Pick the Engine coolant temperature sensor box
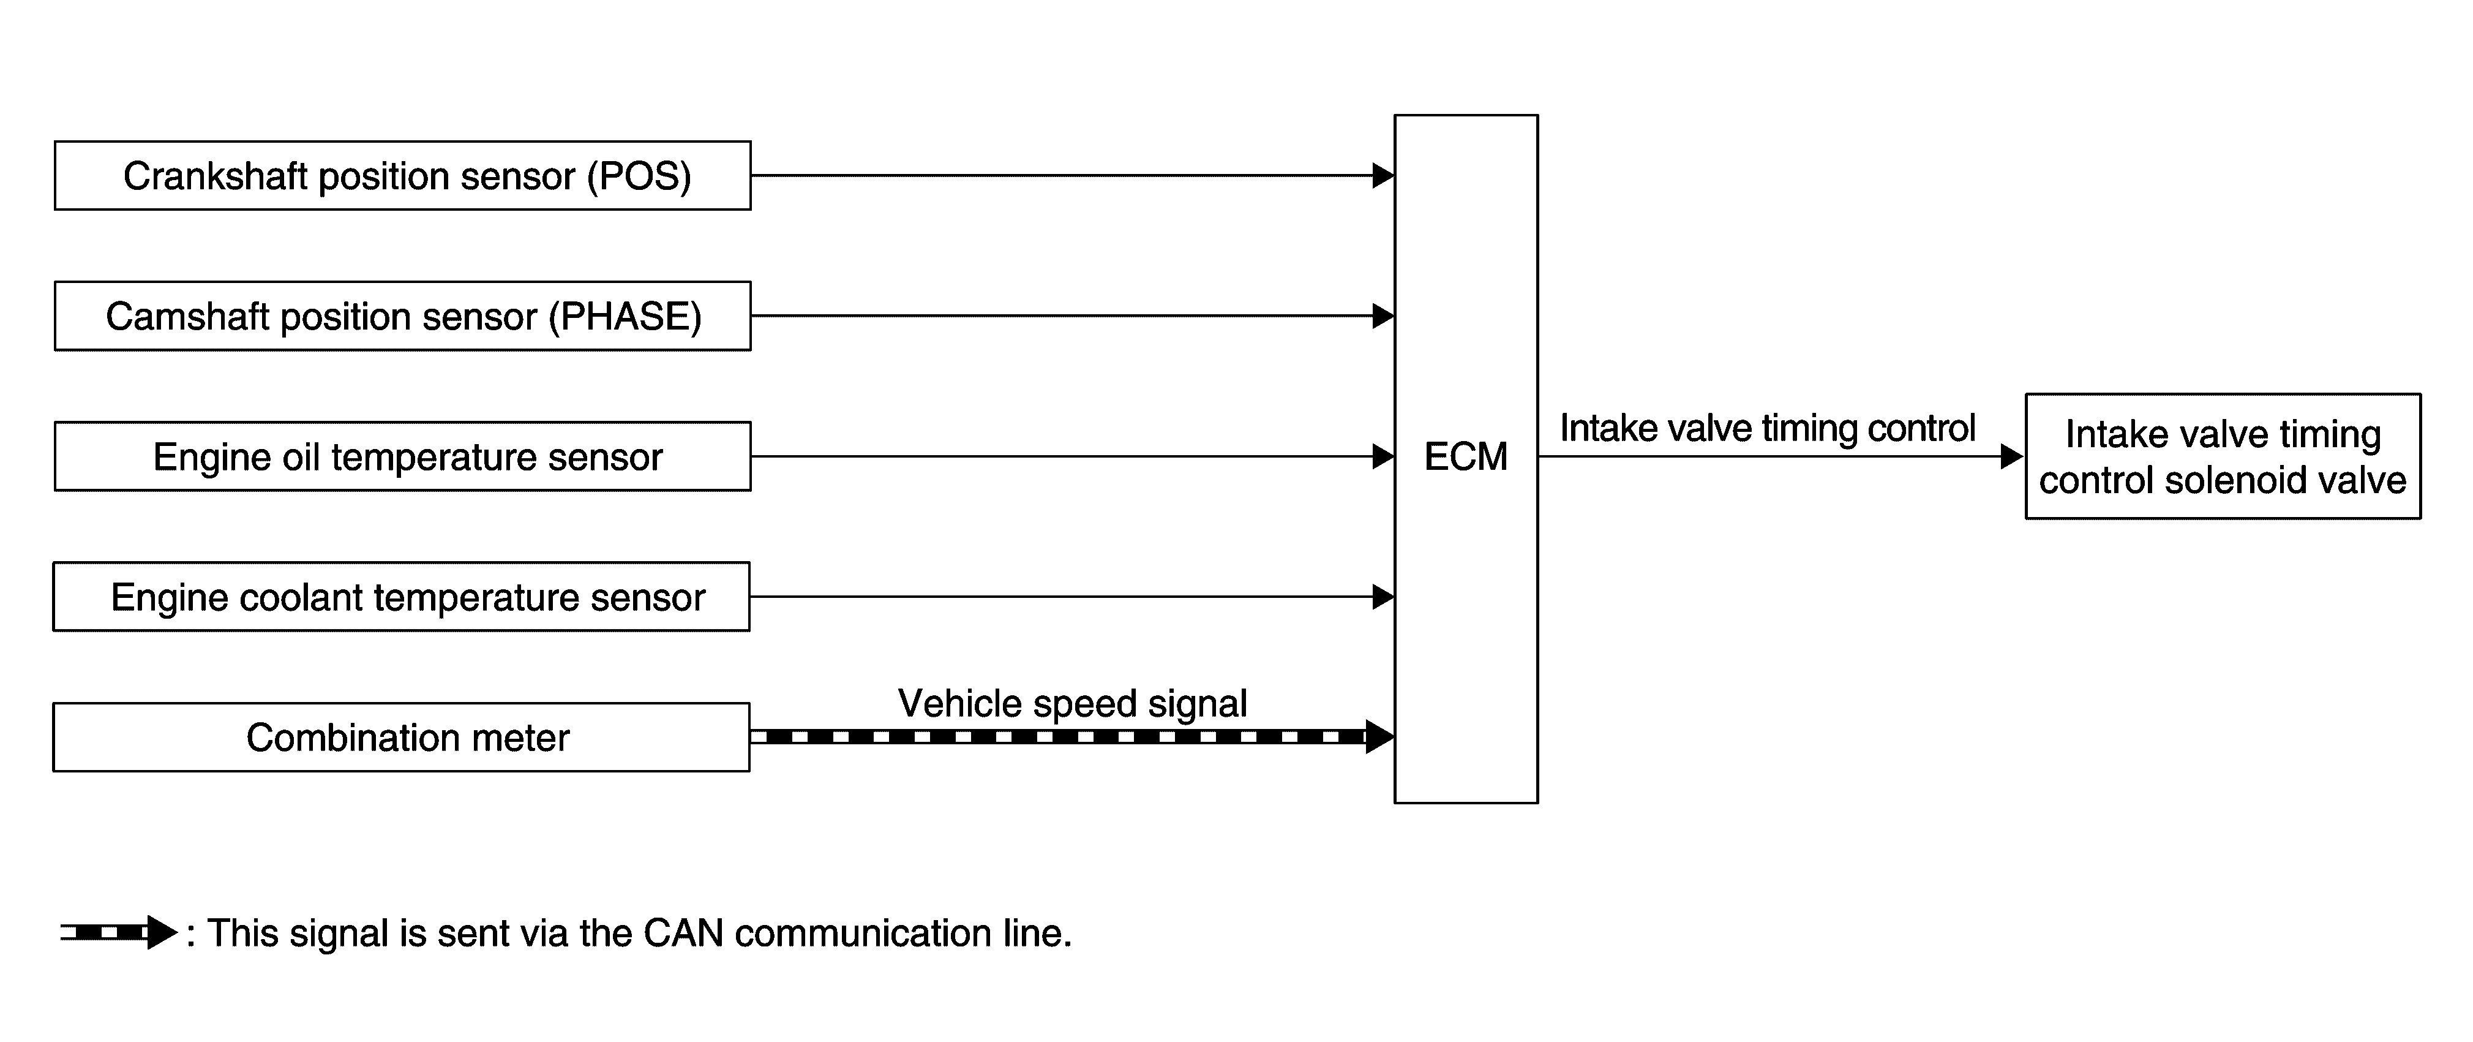(x=401, y=597)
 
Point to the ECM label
(x=1465, y=457)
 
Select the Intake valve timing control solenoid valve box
(x=2223, y=456)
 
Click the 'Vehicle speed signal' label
(x=1072, y=703)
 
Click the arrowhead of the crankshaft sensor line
(x=1383, y=176)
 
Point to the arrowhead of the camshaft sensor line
(x=1383, y=316)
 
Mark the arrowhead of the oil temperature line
(x=1383, y=456)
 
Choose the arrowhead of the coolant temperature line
(x=1383, y=597)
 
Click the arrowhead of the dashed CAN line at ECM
(x=1379, y=736)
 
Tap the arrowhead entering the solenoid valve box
(x=2011, y=456)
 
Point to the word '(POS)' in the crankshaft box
(x=639, y=176)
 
